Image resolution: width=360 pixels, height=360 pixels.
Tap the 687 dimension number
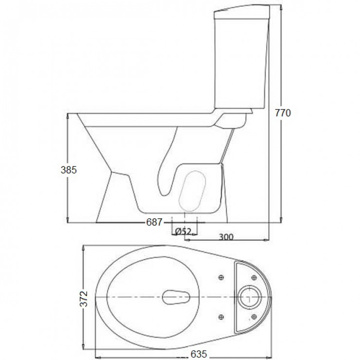tap(154, 222)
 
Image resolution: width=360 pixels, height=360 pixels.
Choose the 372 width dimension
tap(84, 298)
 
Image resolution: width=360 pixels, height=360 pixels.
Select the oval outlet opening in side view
tap(193, 190)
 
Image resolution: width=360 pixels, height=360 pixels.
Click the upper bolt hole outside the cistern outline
tap(221, 278)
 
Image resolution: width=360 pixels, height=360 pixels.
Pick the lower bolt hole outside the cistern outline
tap(221, 317)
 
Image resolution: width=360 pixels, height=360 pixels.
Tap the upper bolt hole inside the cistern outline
tap(253, 278)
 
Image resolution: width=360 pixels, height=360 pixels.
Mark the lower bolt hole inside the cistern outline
tap(253, 317)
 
